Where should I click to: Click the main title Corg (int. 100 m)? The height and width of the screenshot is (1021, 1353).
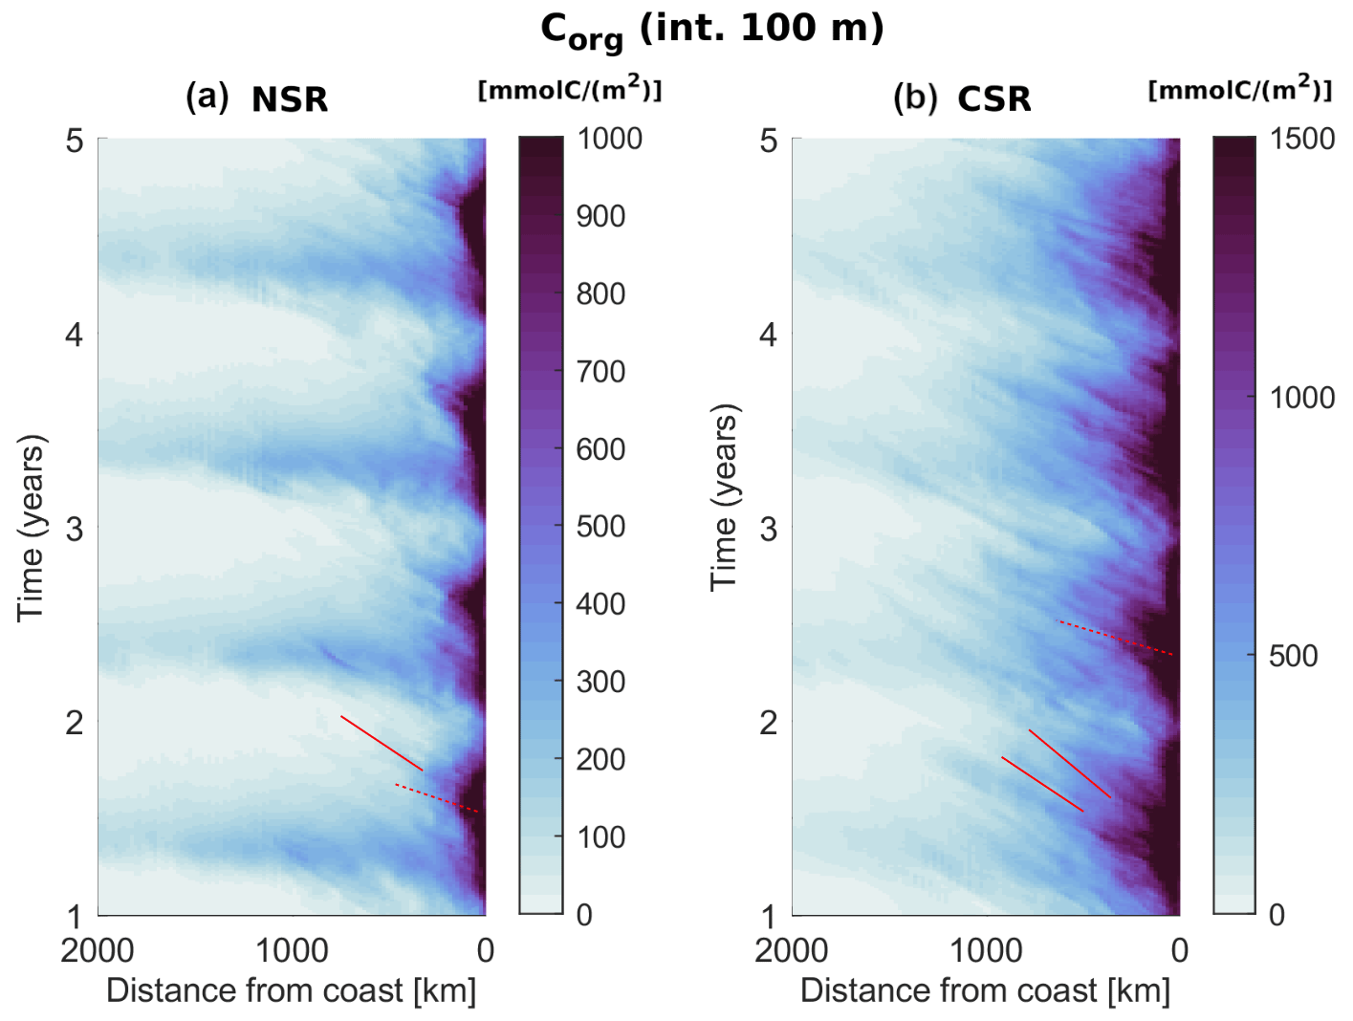pyautogui.click(x=712, y=30)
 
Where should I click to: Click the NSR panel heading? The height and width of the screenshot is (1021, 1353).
pyautogui.click(x=290, y=99)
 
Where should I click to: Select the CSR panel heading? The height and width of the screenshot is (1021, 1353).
pyautogui.click(x=994, y=99)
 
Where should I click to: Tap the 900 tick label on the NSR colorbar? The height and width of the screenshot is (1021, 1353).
pyautogui.click(x=600, y=217)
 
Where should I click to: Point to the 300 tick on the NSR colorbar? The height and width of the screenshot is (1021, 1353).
pyautogui.click(x=600, y=682)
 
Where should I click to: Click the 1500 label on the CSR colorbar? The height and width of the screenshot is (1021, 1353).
pyautogui.click(x=1301, y=140)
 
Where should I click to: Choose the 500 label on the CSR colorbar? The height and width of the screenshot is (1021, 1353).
pyautogui.click(x=1293, y=657)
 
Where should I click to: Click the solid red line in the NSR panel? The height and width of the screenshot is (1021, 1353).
pyautogui.click(x=382, y=743)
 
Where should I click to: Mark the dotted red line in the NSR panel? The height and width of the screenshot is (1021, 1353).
pyautogui.click(x=437, y=798)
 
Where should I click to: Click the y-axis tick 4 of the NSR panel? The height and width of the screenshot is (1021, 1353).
pyautogui.click(x=75, y=336)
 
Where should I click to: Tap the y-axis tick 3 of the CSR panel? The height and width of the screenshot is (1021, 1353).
pyautogui.click(x=768, y=529)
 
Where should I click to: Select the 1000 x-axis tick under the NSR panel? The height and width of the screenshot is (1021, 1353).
pyautogui.click(x=292, y=950)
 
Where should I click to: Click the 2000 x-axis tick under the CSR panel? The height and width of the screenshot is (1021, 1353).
pyautogui.click(x=792, y=950)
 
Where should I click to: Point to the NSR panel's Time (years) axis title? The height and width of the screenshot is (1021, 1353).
pyautogui.click(x=31, y=528)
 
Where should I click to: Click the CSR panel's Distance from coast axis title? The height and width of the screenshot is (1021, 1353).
pyautogui.click(x=985, y=990)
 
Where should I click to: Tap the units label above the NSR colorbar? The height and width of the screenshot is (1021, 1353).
pyautogui.click(x=570, y=90)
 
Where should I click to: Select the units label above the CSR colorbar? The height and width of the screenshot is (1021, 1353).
pyautogui.click(x=1240, y=90)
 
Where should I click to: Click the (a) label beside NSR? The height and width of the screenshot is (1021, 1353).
pyautogui.click(x=207, y=98)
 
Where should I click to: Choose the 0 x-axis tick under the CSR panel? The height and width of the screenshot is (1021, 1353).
pyautogui.click(x=1180, y=950)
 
